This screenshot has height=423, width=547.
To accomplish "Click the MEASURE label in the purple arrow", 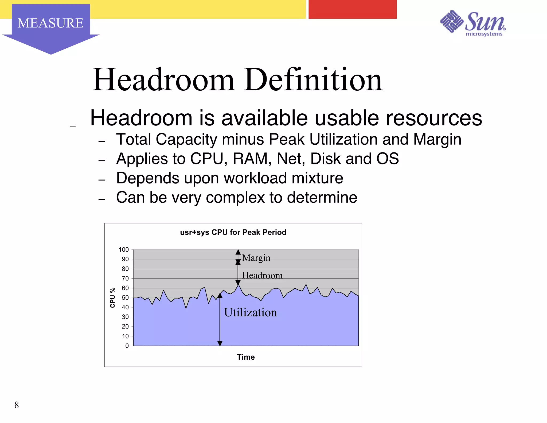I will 50,23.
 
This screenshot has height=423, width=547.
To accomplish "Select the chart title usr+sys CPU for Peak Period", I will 233,232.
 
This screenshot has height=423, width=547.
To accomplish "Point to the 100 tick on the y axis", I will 124,249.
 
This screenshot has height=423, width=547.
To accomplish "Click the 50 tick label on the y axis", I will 125,298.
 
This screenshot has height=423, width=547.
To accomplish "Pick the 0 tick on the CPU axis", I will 127,346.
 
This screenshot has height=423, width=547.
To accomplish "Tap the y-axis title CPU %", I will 112,298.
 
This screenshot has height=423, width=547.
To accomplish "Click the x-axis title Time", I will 246,357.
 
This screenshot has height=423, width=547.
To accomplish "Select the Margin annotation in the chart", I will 256,258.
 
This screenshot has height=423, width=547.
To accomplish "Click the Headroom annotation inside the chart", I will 262,275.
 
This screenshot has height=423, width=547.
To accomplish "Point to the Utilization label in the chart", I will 250,312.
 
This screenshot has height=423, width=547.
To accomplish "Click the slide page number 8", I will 17,405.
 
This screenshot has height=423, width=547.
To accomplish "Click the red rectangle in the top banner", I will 352,9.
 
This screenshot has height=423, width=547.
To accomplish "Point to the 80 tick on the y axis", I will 125,269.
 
